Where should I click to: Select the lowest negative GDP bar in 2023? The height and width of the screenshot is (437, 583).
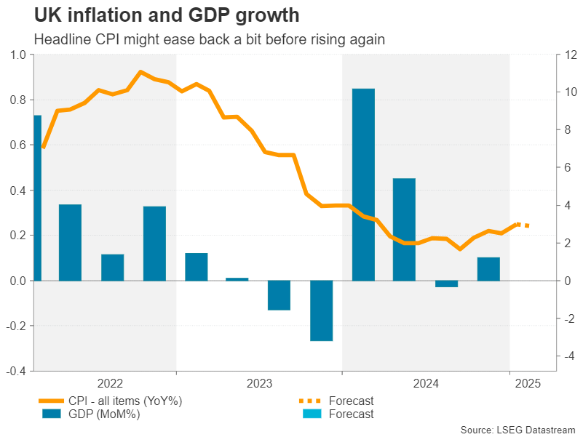pyautogui.click(x=321, y=310)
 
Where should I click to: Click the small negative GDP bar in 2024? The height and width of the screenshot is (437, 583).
pyautogui.click(x=447, y=284)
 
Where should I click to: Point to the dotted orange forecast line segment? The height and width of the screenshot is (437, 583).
pyautogui.click(x=522, y=225)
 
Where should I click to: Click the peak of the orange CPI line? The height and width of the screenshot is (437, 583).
pyautogui.click(x=140, y=72)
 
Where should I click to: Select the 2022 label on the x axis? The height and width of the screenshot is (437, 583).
pyautogui.click(x=109, y=382)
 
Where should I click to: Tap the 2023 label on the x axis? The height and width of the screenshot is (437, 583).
pyautogui.click(x=260, y=382)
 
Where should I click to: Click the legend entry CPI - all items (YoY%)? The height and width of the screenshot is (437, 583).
pyautogui.click(x=124, y=401)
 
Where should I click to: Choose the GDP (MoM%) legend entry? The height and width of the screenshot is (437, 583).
pyautogui.click(x=103, y=414)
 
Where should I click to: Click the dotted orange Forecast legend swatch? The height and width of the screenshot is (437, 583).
pyautogui.click(x=309, y=401)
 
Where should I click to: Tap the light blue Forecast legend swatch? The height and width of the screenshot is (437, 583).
pyautogui.click(x=309, y=414)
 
